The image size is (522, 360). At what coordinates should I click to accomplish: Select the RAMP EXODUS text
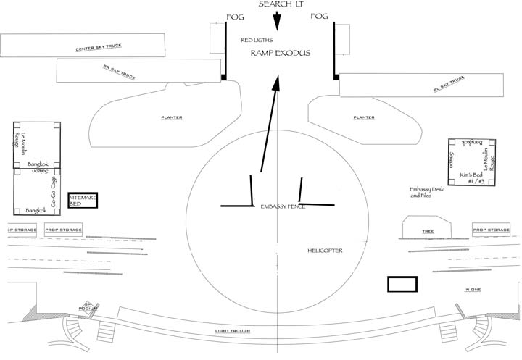pos(280,54)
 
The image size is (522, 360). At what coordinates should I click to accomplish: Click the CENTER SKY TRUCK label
pos(99,48)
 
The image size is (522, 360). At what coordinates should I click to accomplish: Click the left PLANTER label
pos(171,117)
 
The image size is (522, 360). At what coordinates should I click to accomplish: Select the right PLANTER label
pos(363,117)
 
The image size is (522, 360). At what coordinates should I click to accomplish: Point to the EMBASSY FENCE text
pos(283,207)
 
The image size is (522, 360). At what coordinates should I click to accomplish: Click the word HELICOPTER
pos(324,251)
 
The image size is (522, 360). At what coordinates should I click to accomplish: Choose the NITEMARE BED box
pos(83,201)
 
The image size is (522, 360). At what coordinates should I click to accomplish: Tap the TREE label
pos(427,232)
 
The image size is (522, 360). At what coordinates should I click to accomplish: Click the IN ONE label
pos(473,290)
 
